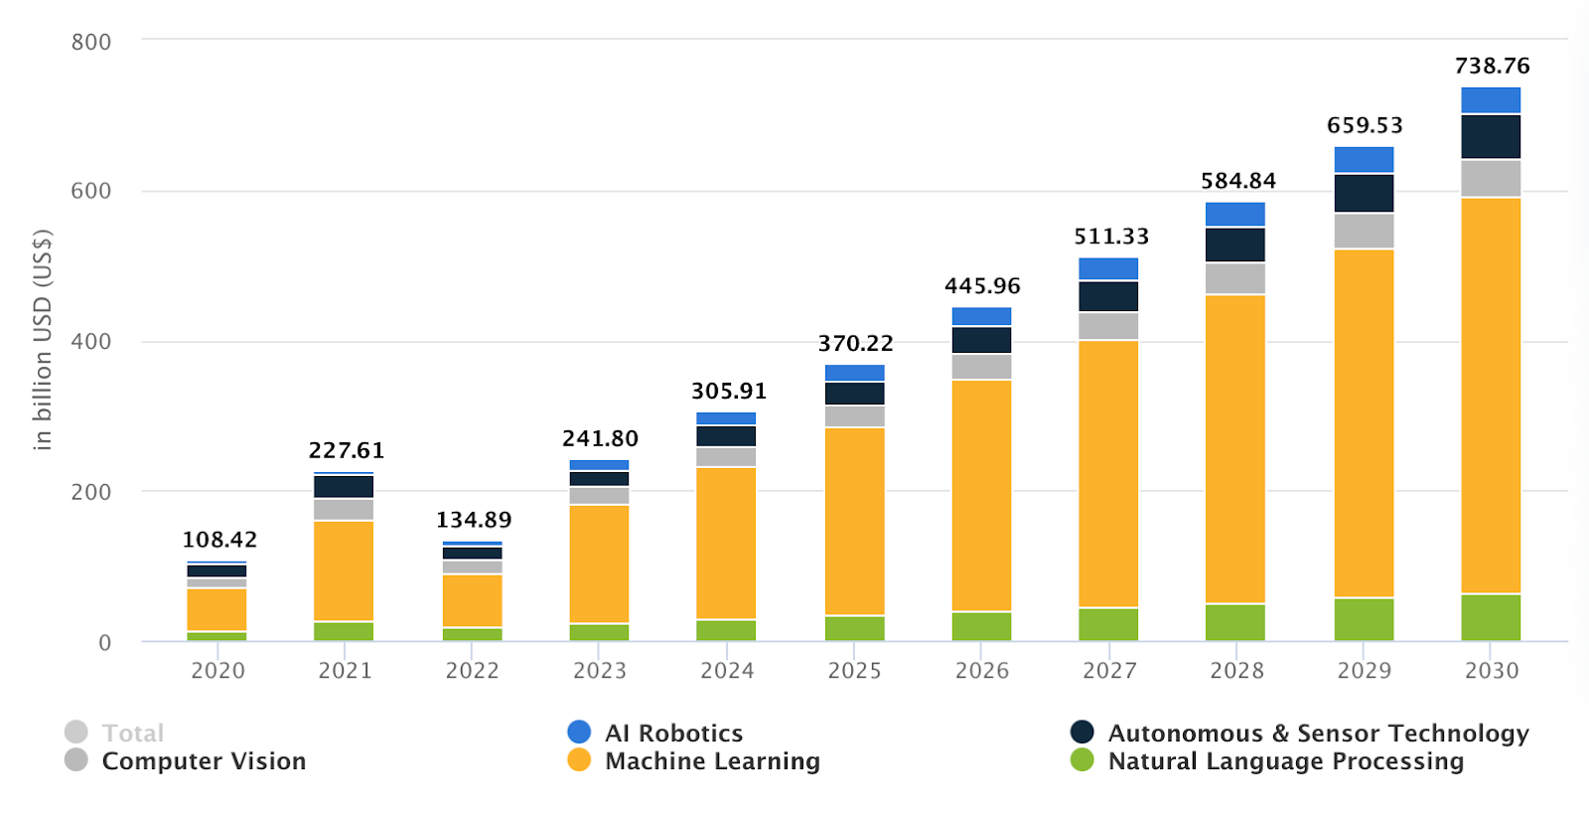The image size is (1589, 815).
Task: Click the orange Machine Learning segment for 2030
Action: [x=1491, y=396]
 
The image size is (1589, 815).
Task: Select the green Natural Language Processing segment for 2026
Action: [x=981, y=626]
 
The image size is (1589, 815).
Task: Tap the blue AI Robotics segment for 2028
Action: [x=1235, y=214]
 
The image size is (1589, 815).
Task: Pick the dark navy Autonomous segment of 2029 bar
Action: [x=1364, y=193]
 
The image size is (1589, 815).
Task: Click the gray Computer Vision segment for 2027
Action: [x=1108, y=326]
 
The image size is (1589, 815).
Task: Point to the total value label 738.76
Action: [x=1492, y=67]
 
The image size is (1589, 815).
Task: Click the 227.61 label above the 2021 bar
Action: [x=346, y=451]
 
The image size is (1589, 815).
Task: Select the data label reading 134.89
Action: [x=474, y=520]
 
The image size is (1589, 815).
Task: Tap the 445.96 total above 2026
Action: [x=982, y=286]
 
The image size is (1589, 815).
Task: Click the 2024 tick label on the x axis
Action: [x=727, y=671]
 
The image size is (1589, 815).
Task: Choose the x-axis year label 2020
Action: [x=217, y=671]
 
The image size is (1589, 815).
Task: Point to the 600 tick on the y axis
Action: [x=90, y=191]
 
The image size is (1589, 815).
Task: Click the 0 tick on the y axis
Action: [x=104, y=643]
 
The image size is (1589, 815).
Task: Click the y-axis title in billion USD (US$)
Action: [x=42, y=340]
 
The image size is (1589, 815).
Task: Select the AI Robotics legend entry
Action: [x=673, y=733]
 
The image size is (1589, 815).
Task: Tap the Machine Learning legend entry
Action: [x=712, y=761]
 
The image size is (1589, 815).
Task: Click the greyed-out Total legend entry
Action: [x=132, y=733]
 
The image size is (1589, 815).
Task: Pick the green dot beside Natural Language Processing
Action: [x=1082, y=760]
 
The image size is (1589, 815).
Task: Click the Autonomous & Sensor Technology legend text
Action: [x=1318, y=733]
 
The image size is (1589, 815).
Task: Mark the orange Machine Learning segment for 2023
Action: [x=599, y=564]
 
